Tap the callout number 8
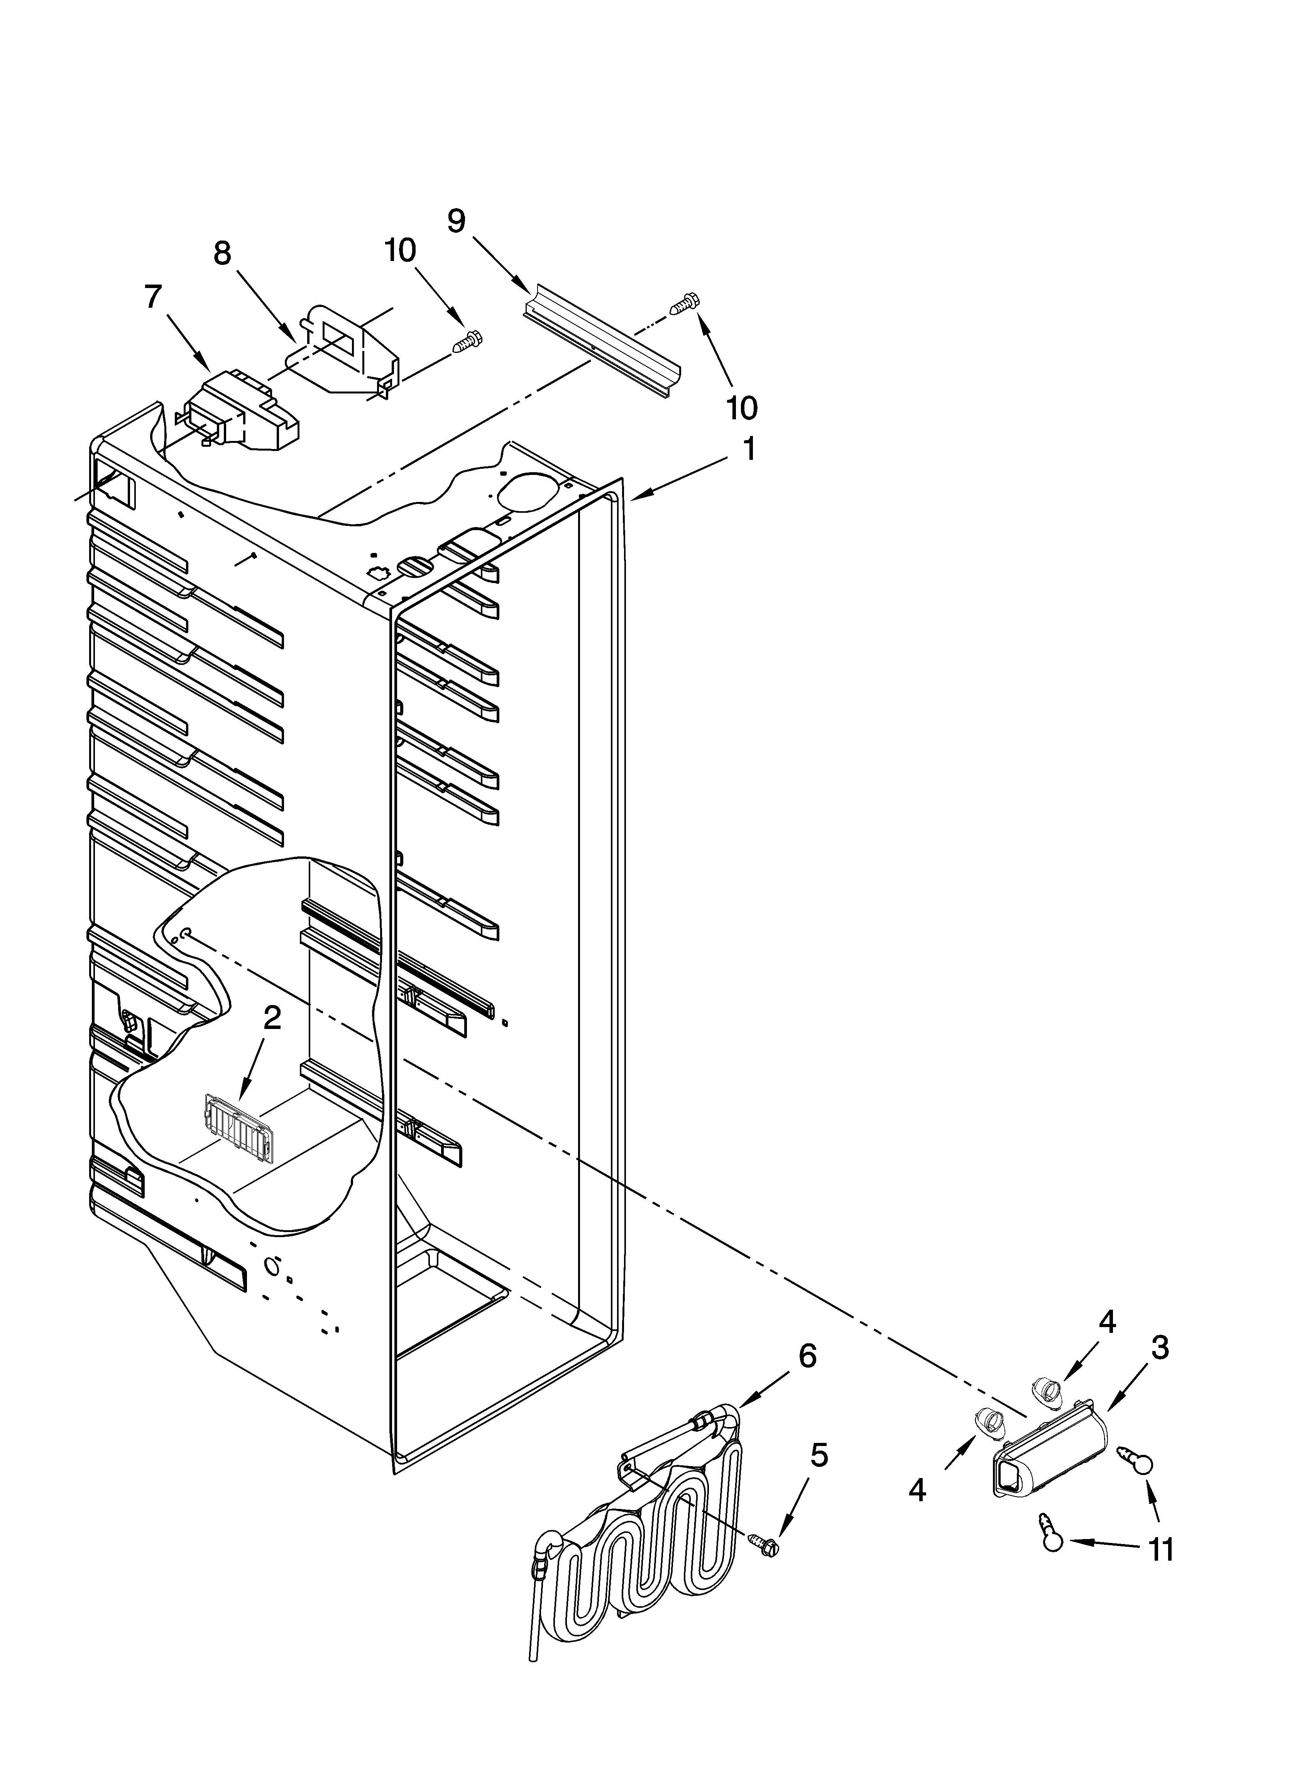tap(223, 253)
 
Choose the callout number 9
tap(457, 220)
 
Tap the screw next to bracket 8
tap(468, 342)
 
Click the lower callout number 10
tap(741, 408)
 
